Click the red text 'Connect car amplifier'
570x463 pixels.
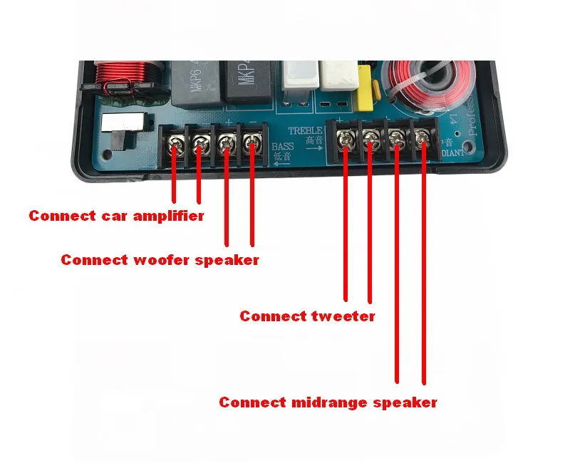pos(116,216)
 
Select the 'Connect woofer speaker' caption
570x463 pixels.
pos(160,260)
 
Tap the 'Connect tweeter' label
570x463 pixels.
pos(307,316)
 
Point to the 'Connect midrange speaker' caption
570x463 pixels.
pos(328,402)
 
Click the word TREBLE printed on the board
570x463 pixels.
pos(306,131)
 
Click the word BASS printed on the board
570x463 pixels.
pos(283,147)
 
